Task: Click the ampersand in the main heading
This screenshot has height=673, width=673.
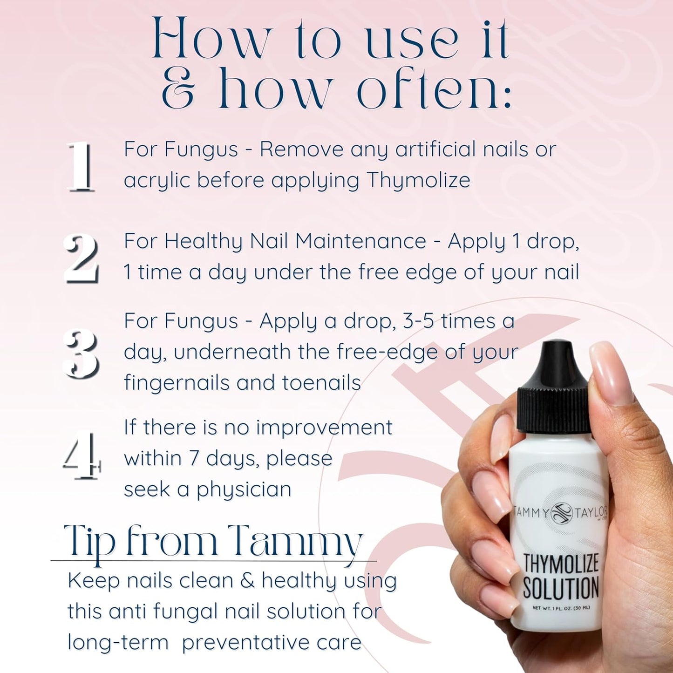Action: [178, 88]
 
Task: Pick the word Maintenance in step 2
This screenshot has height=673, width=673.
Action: [360, 241]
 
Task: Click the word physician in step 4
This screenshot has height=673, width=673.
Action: [244, 489]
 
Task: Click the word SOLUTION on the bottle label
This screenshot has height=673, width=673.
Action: [560, 588]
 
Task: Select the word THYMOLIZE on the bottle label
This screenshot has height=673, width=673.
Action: [560, 563]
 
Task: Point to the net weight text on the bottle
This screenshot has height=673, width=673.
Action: [561, 608]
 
